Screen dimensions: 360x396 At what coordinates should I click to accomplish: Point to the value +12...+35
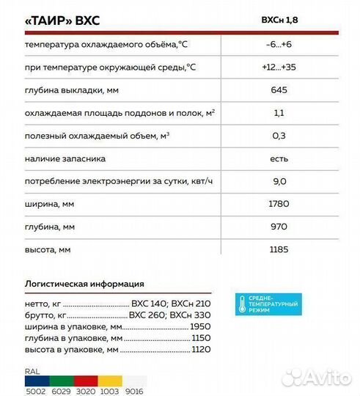pos(279,68)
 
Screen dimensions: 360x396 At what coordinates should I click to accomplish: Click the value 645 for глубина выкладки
pos(279,91)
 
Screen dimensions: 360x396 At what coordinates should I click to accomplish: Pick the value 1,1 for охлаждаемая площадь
pos(279,114)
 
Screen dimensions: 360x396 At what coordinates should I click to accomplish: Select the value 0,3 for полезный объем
pos(279,136)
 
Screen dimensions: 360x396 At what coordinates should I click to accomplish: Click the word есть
pos(279,158)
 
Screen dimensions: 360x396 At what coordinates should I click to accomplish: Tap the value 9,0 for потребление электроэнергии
pos(279,181)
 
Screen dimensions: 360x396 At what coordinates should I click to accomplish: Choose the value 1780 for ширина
pos(279,204)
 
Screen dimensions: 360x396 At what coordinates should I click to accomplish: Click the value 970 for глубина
pos(279,227)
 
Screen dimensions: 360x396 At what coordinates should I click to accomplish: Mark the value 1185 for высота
pos(279,249)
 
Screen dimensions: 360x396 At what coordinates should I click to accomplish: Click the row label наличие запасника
pos(65,158)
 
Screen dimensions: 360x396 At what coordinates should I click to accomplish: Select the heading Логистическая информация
pos(84,284)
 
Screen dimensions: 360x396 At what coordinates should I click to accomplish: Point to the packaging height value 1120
pos(200,351)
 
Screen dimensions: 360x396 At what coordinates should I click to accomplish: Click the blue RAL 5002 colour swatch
pos(34,381)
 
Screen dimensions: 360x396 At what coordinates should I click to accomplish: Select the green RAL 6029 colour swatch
pos(61,381)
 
